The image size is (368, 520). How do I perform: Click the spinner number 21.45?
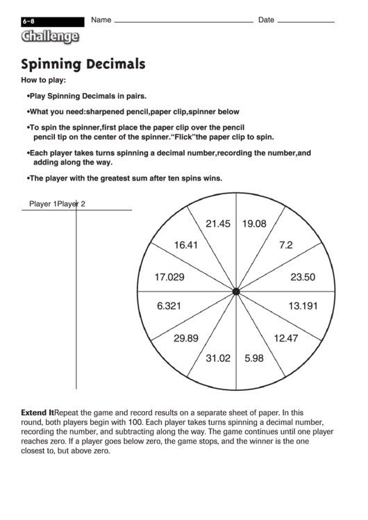click(217, 224)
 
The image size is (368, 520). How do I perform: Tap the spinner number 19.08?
click(254, 224)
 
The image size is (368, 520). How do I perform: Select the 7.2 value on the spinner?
click(286, 245)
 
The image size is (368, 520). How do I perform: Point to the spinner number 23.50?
click(303, 277)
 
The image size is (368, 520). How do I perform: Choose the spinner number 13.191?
click(303, 305)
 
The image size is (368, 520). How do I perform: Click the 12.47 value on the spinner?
click(286, 338)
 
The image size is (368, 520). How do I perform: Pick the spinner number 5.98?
click(254, 358)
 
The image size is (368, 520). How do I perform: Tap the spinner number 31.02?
click(217, 358)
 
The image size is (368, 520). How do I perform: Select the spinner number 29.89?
click(186, 338)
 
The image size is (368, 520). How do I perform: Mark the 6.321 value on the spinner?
click(170, 305)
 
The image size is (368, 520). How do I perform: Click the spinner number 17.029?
click(170, 277)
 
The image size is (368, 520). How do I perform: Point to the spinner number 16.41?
click(186, 245)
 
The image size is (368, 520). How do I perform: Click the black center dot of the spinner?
click(236, 292)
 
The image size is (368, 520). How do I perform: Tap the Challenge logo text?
click(49, 37)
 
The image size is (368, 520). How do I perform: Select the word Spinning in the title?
click(51, 65)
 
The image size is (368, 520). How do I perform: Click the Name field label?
click(101, 20)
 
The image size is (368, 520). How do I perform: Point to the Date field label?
click(266, 20)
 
